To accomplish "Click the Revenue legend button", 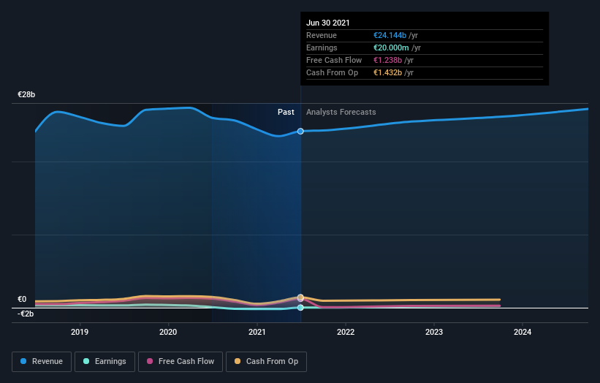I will tap(42, 361).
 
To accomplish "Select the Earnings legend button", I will tap(105, 361).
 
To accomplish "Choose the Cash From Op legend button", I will tap(266, 361).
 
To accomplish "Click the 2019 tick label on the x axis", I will tap(80, 331).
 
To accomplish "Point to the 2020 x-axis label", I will tap(168, 331).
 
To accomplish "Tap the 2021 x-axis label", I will tap(257, 331).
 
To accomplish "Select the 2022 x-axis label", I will tap(346, 331).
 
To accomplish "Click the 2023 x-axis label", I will tap(434, 331).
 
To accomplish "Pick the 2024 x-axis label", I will tap(523, 331).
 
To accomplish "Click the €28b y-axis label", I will tap(27, 95).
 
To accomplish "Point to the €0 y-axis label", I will tap(22, 299).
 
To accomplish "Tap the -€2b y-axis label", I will tap(26, 314).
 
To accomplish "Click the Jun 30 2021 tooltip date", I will tap(328, 23).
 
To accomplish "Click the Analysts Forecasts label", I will tap(341, 112).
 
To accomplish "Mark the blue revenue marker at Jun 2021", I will tap(300, 132).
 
